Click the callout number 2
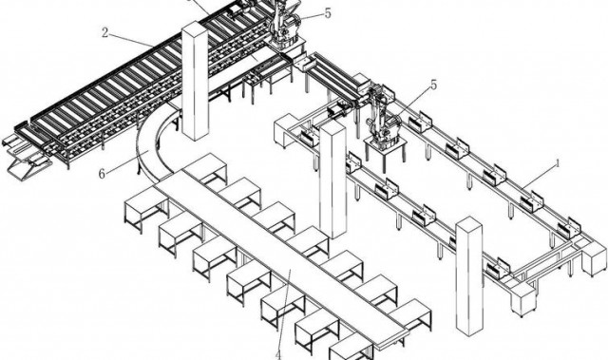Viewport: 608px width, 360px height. click(104, 32)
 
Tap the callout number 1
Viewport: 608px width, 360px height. click(558, 163)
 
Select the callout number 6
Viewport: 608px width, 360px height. click(102, 174)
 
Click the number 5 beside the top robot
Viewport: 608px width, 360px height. click(328, 13)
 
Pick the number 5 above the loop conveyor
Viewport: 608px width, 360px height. click(433, 85)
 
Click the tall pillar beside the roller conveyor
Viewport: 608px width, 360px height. click(195, 81)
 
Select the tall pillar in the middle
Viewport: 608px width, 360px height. click(332, 180)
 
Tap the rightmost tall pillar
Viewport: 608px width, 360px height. click(469, 275)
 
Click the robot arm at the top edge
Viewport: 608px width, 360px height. click(285, 23)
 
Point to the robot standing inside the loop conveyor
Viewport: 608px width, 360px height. click(382, 116)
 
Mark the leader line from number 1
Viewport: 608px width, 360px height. click(539, 177)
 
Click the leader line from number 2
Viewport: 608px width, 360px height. click(131, 40)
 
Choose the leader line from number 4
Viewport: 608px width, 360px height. click(285, 309)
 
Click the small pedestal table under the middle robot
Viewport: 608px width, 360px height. click(385, 155)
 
